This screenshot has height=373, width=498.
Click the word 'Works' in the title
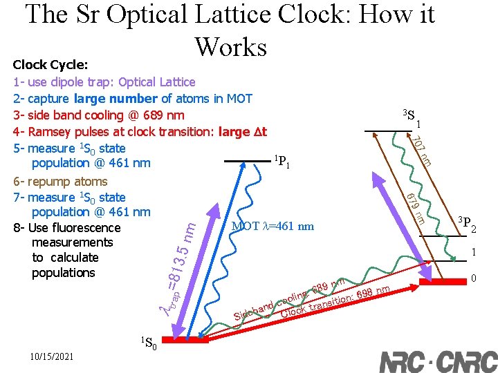point(230,46)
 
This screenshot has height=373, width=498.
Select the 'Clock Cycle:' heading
point(50,65)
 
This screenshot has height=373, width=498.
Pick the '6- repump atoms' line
point(60,182)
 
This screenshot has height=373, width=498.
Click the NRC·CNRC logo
point(438,362)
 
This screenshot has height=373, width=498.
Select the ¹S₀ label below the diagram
point(149,343)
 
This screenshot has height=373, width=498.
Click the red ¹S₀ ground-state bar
point(185,341)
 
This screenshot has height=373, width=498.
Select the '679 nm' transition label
point(415,207)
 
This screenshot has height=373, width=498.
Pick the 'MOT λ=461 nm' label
point(273,226)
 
